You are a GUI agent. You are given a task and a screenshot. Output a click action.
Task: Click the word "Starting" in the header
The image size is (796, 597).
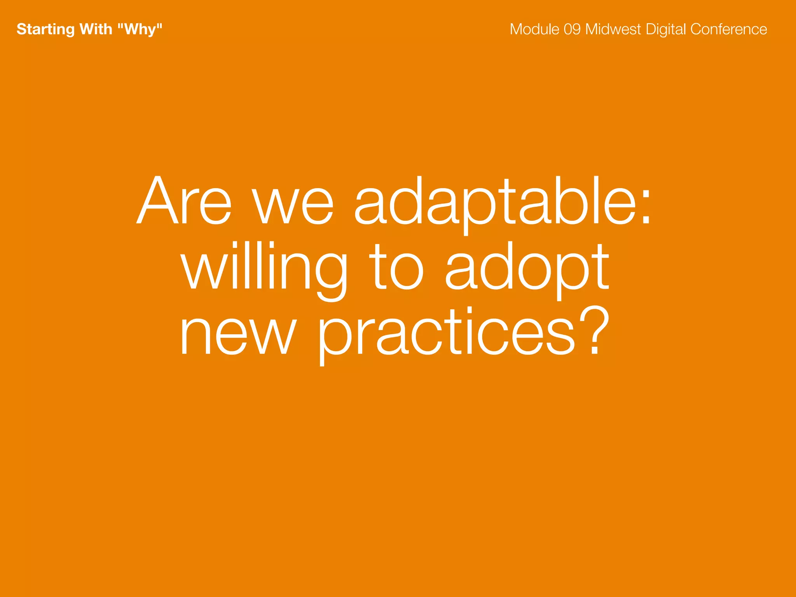coord(45,30)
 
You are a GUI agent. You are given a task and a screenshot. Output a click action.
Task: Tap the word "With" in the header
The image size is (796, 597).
coord(96,29)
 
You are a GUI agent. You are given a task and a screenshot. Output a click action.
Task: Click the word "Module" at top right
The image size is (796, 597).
coord(534,29)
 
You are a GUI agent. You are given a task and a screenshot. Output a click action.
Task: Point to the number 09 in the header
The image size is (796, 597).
coord(572,29)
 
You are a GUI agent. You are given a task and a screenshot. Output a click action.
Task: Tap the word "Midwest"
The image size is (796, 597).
coord(613,29)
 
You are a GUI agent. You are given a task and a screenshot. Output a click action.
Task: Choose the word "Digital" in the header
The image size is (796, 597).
coord(666,30)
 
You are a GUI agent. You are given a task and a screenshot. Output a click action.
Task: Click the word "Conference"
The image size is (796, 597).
coord(729,29)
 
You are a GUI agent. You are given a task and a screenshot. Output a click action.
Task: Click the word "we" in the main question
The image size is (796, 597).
coord(293,205)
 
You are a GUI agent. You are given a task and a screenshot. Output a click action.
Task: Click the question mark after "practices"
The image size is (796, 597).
coord(594,330)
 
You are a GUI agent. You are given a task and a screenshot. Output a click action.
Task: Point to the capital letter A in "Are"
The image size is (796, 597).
coord(159,201)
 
